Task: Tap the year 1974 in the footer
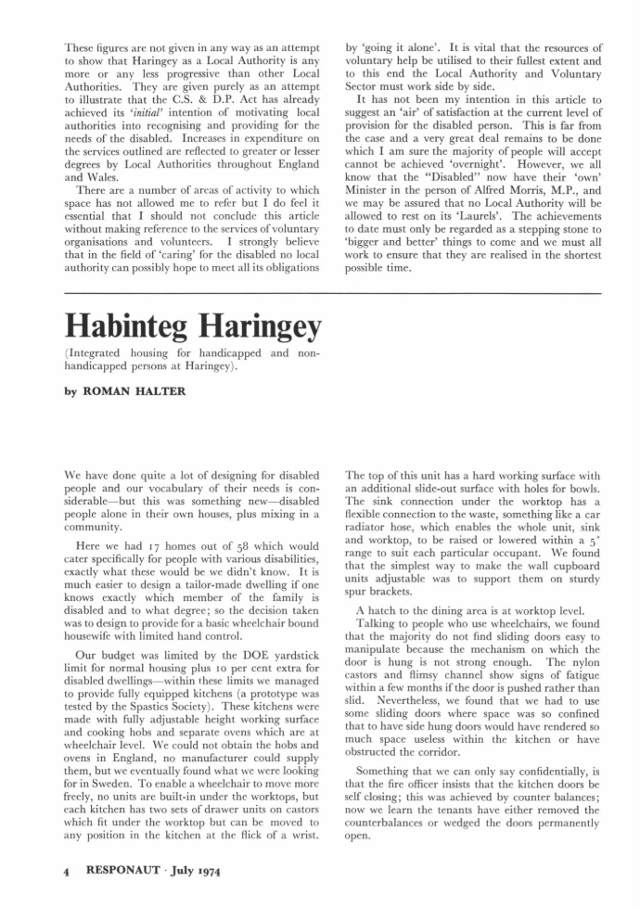[204, 871]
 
